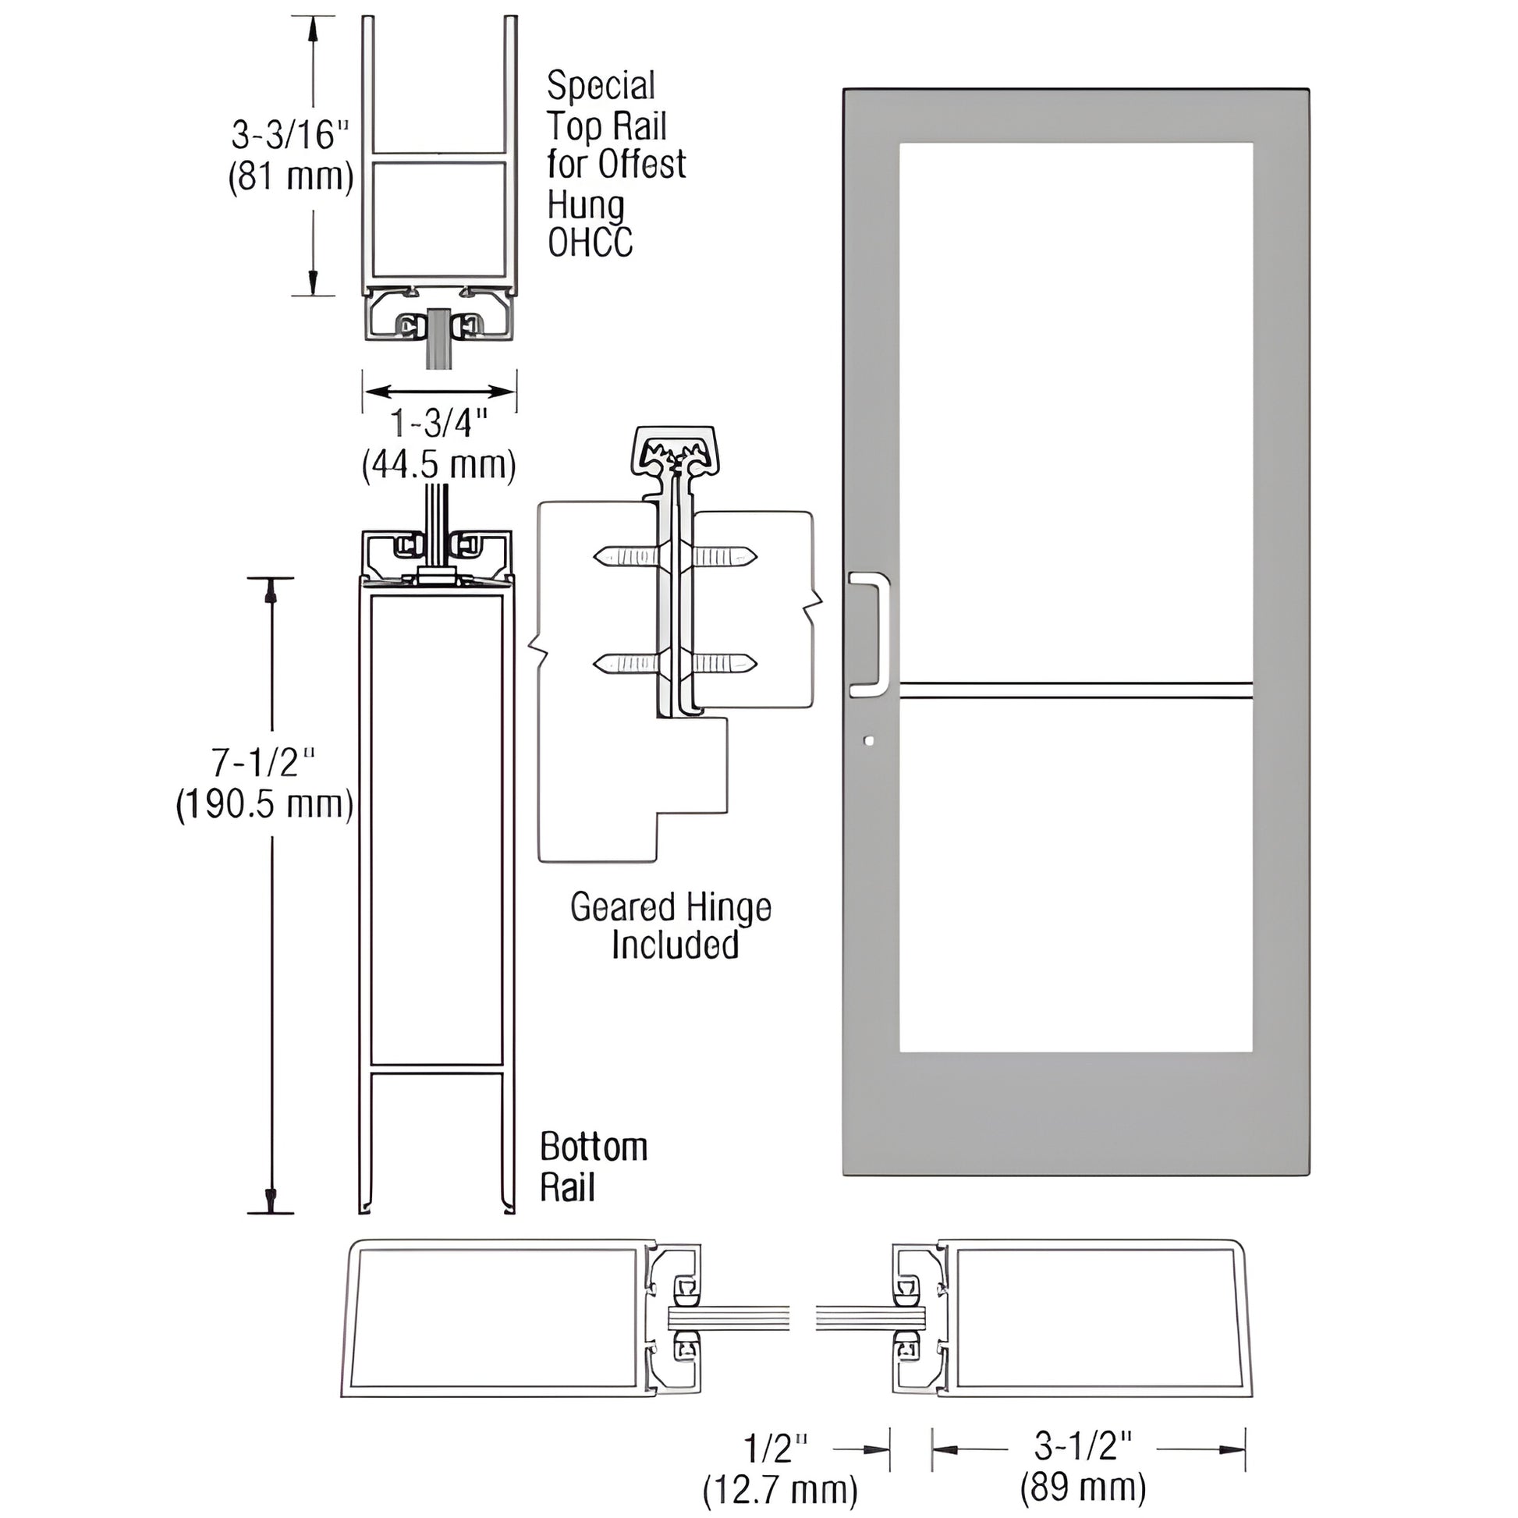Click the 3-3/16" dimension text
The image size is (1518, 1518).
pos(289,135)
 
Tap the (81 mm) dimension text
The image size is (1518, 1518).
pos(290,177)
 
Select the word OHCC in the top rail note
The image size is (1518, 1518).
pos(590,243)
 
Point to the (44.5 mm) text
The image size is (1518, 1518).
pos(438,465)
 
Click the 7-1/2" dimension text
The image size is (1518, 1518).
pos(264,762)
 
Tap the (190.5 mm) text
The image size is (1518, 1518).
pos(264,804)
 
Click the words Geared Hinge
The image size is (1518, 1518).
pos(670,907)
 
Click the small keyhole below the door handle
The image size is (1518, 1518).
pos(867,740)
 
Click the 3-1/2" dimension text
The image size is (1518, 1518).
pos(1083,1446)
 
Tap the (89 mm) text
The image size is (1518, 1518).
pos(1083,1488)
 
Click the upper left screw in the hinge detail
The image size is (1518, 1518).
pos(625,557)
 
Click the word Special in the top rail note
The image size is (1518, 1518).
pos(601,86)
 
